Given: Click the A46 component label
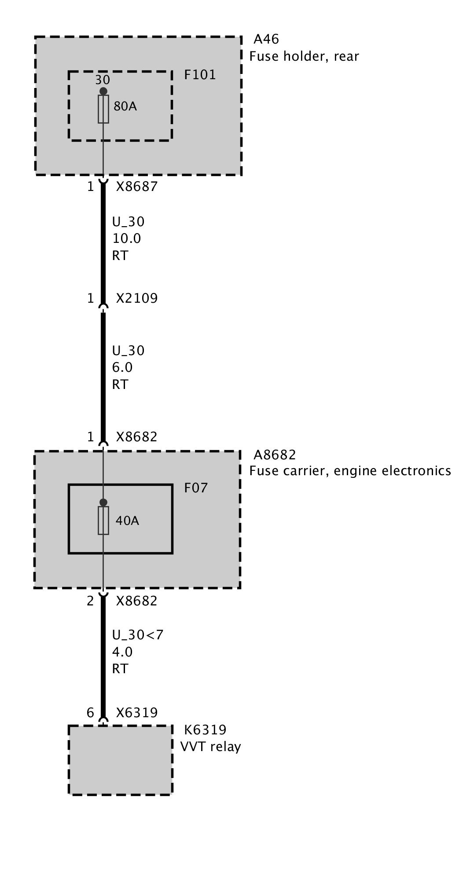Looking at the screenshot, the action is click(x=266, y=39).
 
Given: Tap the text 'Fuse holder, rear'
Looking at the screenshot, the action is click(x=304, y=56).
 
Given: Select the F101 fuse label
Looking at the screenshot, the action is click(x=200, y=75).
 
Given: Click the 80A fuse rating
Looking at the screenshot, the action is click(x=125, y=106).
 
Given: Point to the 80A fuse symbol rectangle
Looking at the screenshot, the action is click(x=103, y=109).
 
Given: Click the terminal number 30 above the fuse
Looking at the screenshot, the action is click(x=103, y=80).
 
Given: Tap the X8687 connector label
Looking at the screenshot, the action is click(x=136, y=187).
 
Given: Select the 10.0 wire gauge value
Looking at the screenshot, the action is click(x=126, y=238).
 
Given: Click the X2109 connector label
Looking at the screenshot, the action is click(x=136, y=298).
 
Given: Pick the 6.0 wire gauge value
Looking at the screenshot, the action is click(x=122, y=367).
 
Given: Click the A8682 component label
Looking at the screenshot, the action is click(x=275, y=455).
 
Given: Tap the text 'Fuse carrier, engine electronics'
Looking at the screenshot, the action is click(x=350, y=471).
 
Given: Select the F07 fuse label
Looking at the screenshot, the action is click(x=195, y=488).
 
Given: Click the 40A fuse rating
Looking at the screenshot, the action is click(x=127, y=521).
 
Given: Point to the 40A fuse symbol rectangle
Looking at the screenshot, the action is click(x=103, y=521).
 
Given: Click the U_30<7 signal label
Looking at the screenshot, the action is click(x=132, y=635).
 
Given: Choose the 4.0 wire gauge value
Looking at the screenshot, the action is click(x=122, y=652).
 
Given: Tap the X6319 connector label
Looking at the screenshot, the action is click(x=136, y=712).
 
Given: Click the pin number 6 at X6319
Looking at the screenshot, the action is click(x=90, y=712).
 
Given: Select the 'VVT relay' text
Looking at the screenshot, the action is click(x=210, y=747).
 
